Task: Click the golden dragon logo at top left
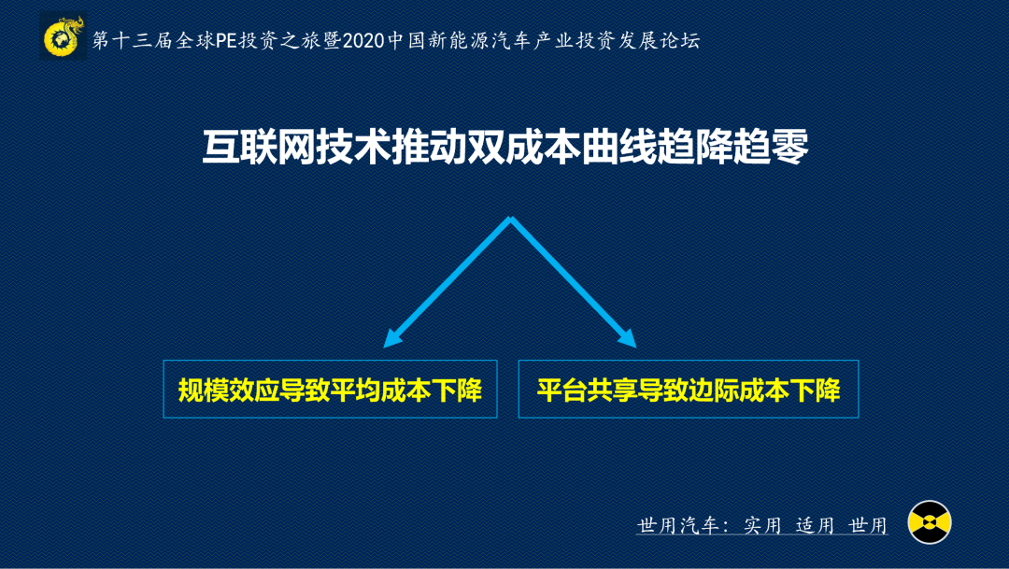64,37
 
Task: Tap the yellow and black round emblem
930,522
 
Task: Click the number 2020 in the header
362,40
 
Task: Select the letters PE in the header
226,40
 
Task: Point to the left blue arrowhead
391,338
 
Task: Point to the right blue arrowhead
628,338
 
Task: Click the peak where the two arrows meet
510,219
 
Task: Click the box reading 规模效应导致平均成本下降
330,389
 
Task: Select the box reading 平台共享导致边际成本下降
689,389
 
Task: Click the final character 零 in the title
789,148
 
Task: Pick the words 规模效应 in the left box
229,390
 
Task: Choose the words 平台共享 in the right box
588,390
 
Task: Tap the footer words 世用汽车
677,525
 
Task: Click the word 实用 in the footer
762,525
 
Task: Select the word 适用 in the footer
816,525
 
